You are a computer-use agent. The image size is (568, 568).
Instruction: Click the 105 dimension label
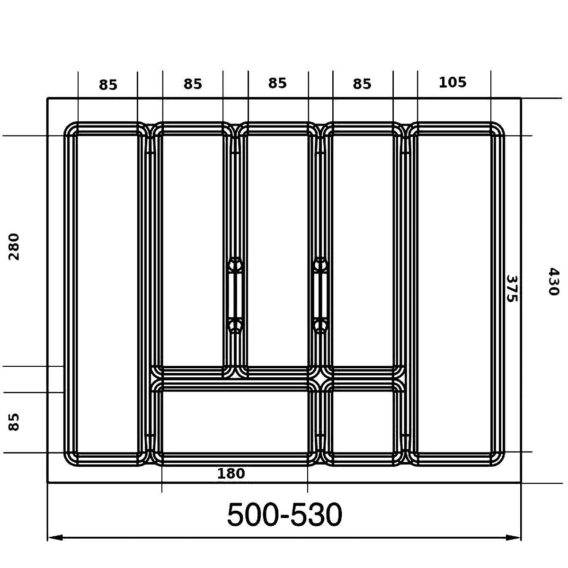[x=453, y=82]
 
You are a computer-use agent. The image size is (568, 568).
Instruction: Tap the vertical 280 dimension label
[x=14, y=247]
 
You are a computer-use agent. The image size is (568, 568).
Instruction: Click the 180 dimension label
[x=231, y=473]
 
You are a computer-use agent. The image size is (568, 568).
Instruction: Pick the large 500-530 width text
[x=284, y=515]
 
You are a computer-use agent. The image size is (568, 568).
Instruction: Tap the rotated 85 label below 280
[x=14, y=422]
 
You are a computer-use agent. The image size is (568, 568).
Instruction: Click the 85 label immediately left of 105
[x=362, y=84]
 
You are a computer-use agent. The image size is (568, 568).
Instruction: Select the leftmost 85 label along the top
[x=108, y=85]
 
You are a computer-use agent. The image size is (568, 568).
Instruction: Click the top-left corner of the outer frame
[x=48, y=98]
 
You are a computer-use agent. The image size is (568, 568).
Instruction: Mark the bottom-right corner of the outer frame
[x=521, y=482]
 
